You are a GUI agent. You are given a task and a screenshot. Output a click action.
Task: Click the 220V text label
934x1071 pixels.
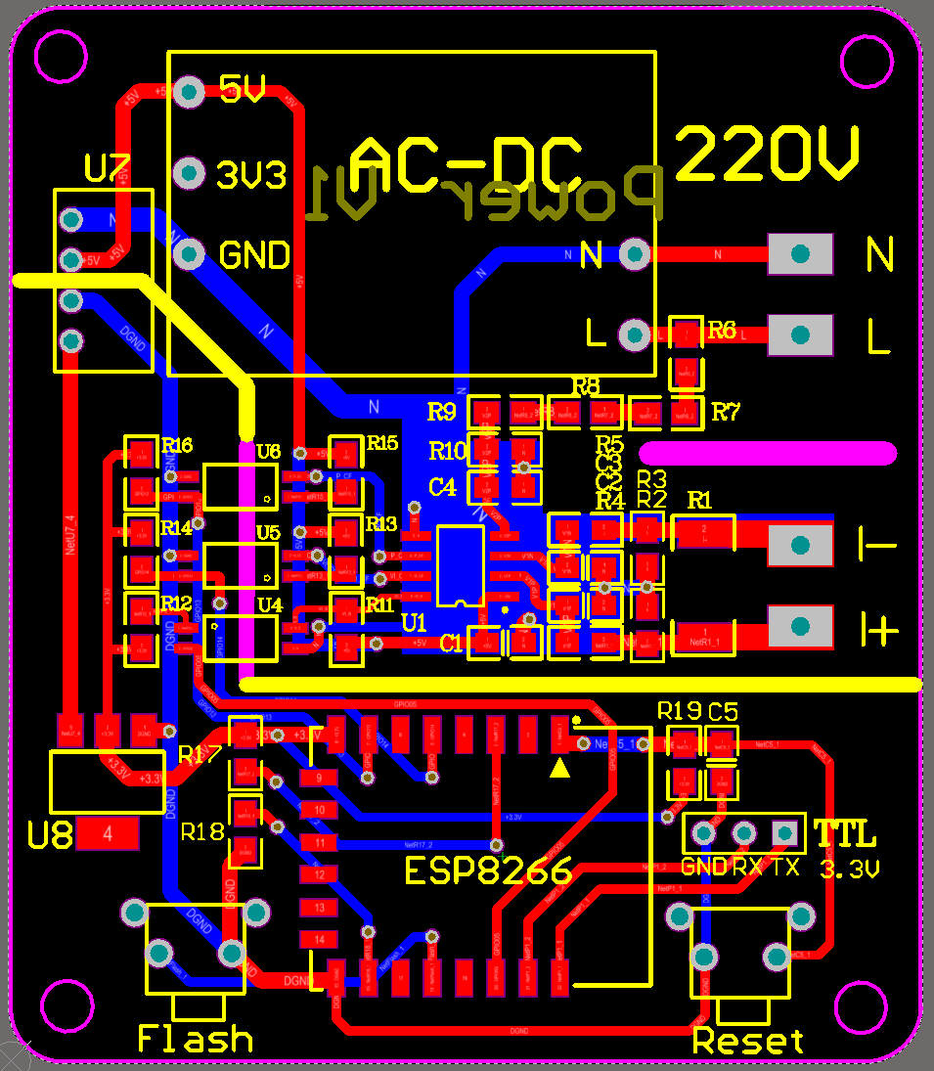(x=768, y=155)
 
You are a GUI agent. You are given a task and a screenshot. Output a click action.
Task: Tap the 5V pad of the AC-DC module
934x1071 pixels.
(x=189, y=92)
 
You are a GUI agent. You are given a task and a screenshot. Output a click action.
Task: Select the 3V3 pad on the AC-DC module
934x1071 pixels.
(x=189, y=174)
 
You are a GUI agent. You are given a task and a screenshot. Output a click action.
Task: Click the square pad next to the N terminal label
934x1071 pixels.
(x=800, y=254)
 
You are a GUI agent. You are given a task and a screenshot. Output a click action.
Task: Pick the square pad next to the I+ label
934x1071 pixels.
(x=800, y=626)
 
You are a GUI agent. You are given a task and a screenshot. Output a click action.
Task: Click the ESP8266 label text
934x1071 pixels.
(x=489, y=870)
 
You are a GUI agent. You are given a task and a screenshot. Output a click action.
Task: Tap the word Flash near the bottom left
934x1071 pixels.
(x=195, y=1038)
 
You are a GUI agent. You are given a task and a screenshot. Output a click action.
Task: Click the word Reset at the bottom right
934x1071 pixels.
(x=748, y=1041)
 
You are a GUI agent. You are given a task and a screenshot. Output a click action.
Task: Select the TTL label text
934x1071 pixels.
(x=845, y=834)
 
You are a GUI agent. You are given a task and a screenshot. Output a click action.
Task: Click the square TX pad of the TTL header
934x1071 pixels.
(x=784, y=833)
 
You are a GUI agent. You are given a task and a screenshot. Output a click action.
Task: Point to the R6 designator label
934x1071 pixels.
(x=722, y=331)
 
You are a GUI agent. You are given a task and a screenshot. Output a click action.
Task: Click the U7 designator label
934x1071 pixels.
(x=107, y=169)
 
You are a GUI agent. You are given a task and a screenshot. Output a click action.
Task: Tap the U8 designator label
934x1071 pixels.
(x=50, y=835)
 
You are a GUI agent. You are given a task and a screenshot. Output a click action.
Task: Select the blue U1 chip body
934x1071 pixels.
(x=460, y=565)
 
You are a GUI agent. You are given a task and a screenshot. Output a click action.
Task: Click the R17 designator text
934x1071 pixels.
(x=200, y=754)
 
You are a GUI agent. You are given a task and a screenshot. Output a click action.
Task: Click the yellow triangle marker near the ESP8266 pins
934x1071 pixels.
(x=559, y=769)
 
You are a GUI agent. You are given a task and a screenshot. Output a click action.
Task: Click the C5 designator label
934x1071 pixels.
(x=723, y=711)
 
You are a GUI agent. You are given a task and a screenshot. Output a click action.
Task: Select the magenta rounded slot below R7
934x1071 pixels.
(x=767, y=453)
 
